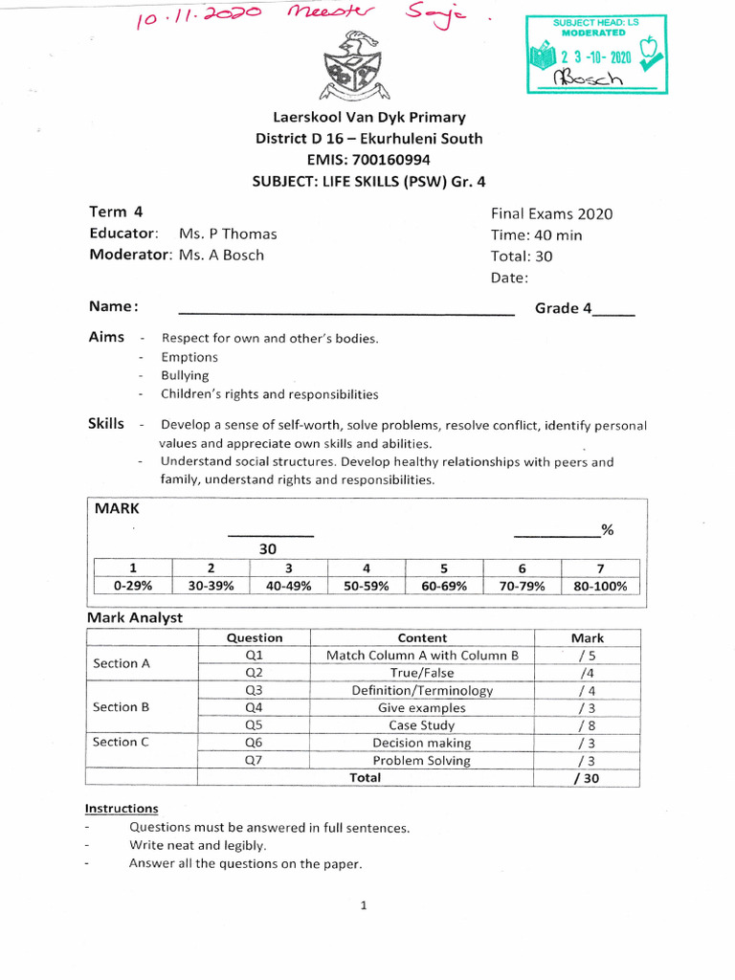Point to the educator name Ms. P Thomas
pos(228,234)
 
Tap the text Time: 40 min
pos(536,235)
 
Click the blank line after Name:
pos(346,310)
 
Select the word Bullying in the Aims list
pos(185,376)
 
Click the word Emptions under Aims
pos(189,357)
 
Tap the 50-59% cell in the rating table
pos(367,587)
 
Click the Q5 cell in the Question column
pos(254,725)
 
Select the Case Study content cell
pos(422,725)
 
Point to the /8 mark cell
pos(587,725)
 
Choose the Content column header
pos(422,638)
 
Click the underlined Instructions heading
pos(122,809)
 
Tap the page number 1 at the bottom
pos(365,907)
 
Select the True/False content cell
pos(422,673)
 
